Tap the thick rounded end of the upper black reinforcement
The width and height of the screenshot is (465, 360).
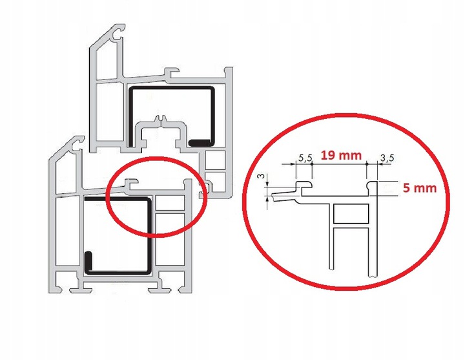pos(199,141)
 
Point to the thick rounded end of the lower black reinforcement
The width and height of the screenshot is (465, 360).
pos(90,262)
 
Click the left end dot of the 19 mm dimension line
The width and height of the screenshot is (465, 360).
pos(312,164)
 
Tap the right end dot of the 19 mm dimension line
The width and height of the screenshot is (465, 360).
pos(366,164)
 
